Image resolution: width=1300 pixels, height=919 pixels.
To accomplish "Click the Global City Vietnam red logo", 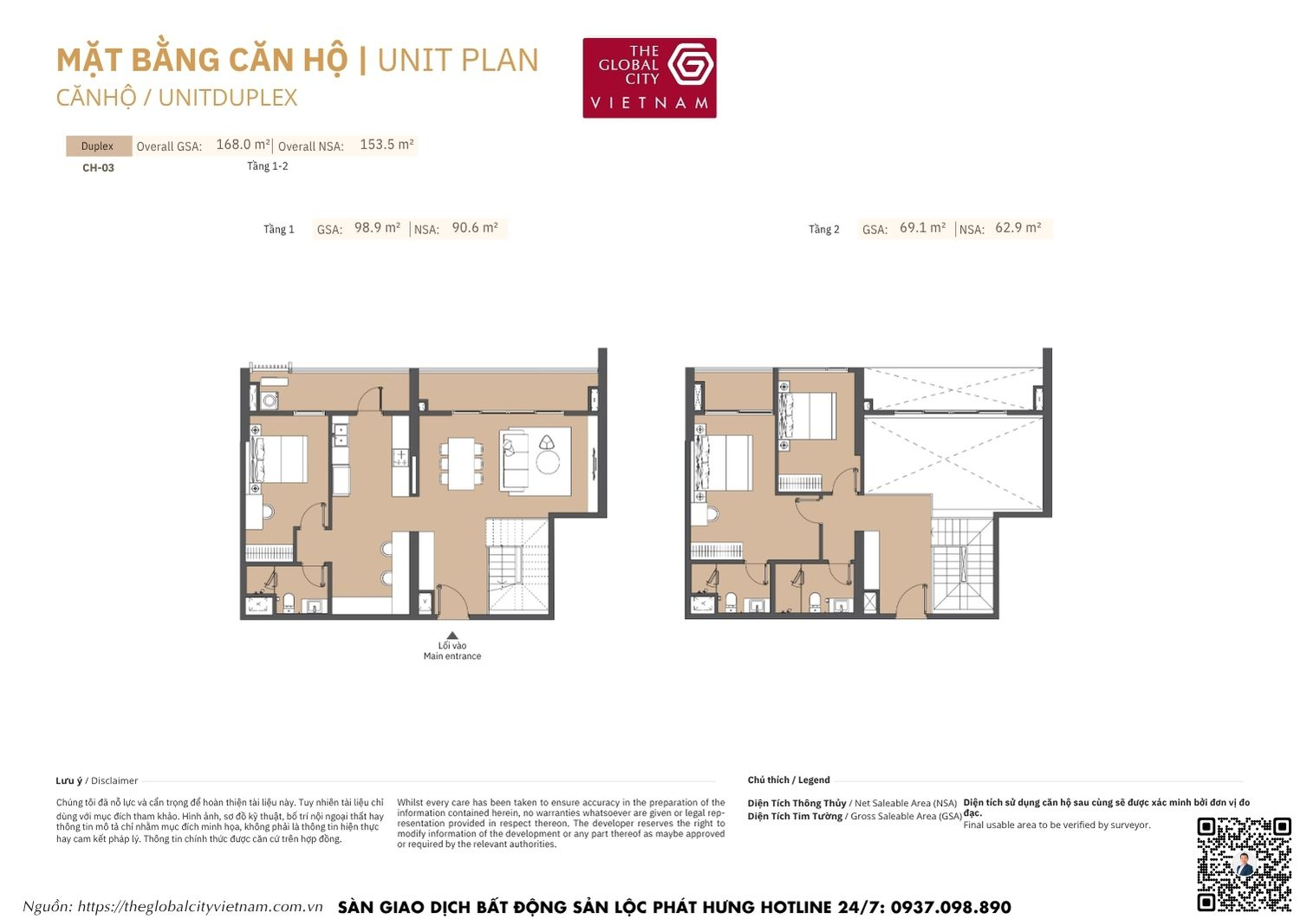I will (649, 77).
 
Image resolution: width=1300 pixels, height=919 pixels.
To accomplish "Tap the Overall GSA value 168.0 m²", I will (243, 145).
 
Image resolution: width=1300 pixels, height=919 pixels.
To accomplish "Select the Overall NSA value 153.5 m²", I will (387, 145).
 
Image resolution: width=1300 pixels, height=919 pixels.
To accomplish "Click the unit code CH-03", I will (98, 167).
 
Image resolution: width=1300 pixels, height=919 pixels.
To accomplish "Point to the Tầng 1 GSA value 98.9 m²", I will (377, 228).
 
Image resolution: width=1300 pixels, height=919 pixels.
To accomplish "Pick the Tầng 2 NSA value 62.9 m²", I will (1018, 228).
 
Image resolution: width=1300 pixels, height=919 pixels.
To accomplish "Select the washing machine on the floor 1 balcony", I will (270, 401).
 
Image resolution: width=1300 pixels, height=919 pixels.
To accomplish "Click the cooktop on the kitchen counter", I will (400, 458).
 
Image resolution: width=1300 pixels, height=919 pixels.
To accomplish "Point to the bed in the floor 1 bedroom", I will (280, 459).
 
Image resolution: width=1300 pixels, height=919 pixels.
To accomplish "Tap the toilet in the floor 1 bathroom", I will (289, 602).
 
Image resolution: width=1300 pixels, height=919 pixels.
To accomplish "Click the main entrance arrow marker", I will (452, 635).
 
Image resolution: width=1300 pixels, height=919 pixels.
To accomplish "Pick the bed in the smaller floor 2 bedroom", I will (808, 416).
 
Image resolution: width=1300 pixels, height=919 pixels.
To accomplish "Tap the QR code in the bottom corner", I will (1244, 864).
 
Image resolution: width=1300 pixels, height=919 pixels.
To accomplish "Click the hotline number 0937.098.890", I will (950, 907).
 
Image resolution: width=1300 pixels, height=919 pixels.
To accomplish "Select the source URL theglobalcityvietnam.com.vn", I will (199, 907).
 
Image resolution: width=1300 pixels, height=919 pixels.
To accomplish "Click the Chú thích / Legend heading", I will (789, 780).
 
